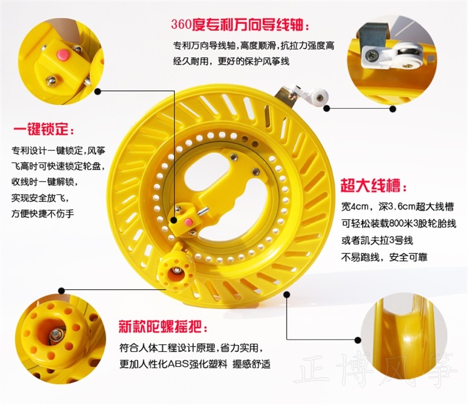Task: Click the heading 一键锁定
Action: click(x=40, y=130)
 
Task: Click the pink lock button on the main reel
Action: click(x=188, y=222)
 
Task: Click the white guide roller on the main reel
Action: click(x=321, y=97)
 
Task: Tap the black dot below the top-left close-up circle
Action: click(x=98, y=91)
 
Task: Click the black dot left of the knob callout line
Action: click(x=61, y=290)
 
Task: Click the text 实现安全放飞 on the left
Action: click(x=39, y=197)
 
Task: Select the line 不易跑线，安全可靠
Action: click(x=384, y=257)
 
